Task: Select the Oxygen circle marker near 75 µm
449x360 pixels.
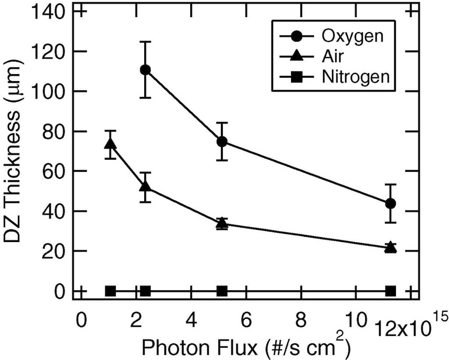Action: coord(222,141)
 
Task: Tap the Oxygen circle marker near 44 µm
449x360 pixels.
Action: coord(390,203)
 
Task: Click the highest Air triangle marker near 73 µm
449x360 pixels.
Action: coord(110,144)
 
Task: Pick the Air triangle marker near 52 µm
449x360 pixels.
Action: coord(146,186)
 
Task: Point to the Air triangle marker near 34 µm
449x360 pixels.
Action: coord(222,224)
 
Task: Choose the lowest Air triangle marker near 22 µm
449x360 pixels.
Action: coord(390,248)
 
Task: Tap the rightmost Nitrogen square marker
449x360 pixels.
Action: coord(390,291)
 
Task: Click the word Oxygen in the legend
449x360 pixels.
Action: coord(353,36)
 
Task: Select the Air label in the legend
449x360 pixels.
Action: coord(331,57)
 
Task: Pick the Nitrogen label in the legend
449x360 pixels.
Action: coord(356,77)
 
